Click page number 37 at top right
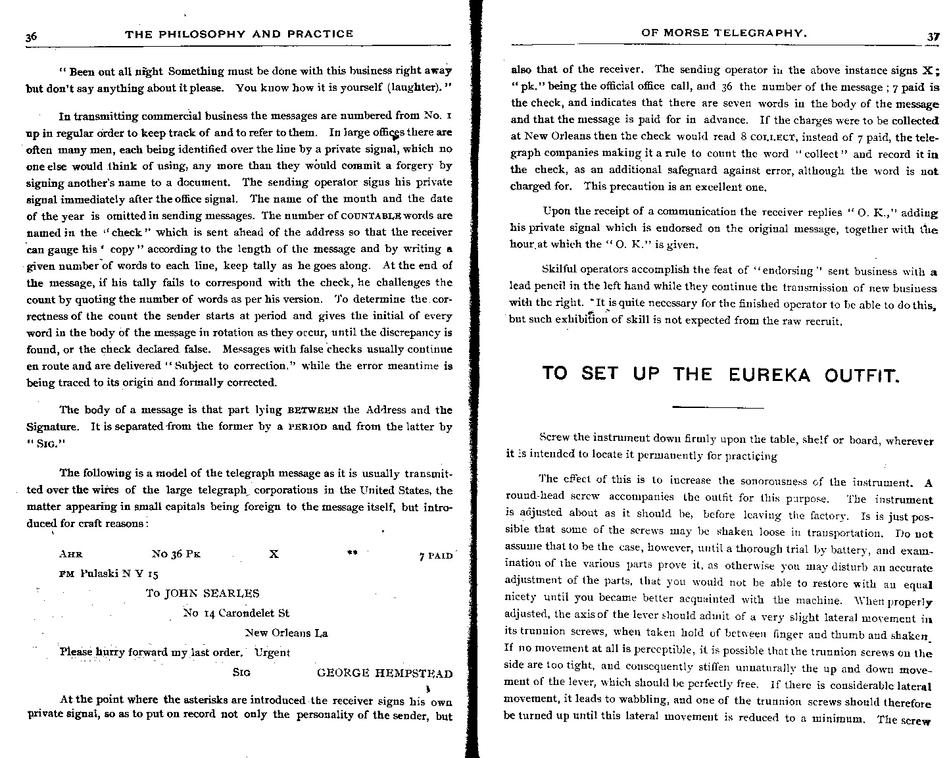tap(933, 37)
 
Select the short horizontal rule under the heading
tap(718, 407)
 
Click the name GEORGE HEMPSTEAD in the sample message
tap(384, 673)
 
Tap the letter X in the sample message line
tap(274, 555)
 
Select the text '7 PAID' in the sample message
tap(435, 556)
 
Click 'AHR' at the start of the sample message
tap(71, 555)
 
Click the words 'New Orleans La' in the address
tap(286, 633)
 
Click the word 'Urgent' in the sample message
tap(272, 653)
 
